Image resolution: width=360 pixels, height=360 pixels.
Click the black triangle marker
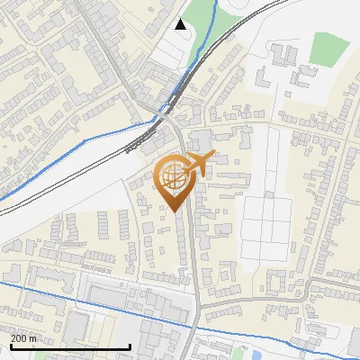point(182,24)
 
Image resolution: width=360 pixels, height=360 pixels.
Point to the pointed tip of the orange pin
point(175,211)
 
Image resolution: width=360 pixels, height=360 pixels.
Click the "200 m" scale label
point(24,337)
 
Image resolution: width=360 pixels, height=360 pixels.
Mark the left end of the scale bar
point(10,346)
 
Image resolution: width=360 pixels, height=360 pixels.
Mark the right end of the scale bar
point(130,346)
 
